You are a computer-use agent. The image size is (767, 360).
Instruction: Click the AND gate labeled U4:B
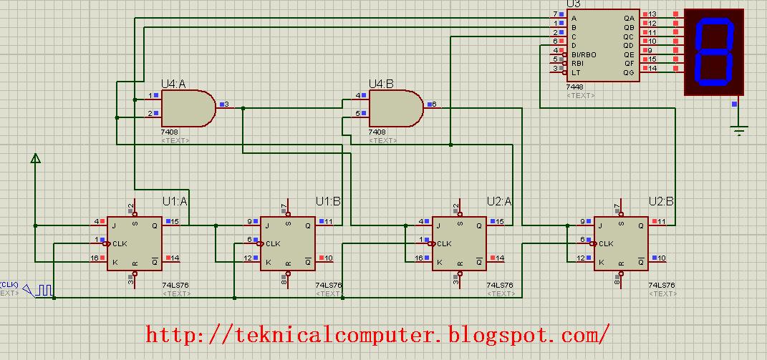[395, 109]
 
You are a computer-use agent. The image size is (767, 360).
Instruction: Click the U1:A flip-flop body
[134, 243]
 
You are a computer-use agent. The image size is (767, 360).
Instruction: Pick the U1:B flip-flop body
[287, 243]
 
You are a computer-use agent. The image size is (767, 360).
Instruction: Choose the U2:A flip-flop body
[460, 243]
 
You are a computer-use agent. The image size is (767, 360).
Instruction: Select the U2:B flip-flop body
[621, 243]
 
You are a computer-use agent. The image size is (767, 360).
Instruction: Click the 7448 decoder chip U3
[603, 45]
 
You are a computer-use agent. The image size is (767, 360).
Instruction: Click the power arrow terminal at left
[34, 159]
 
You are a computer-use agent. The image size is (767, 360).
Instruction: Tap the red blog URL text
[379, 334]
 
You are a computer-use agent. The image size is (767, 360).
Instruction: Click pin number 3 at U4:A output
[226, 104]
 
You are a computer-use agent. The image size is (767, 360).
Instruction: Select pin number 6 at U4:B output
[434, 104]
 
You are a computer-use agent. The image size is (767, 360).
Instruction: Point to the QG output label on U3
[629, 72]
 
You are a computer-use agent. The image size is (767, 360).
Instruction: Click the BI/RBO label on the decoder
[583, 54]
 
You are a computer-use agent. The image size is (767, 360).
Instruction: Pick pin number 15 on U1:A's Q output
[175, 222]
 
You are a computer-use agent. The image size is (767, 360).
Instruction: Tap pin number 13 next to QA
[652, 14]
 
